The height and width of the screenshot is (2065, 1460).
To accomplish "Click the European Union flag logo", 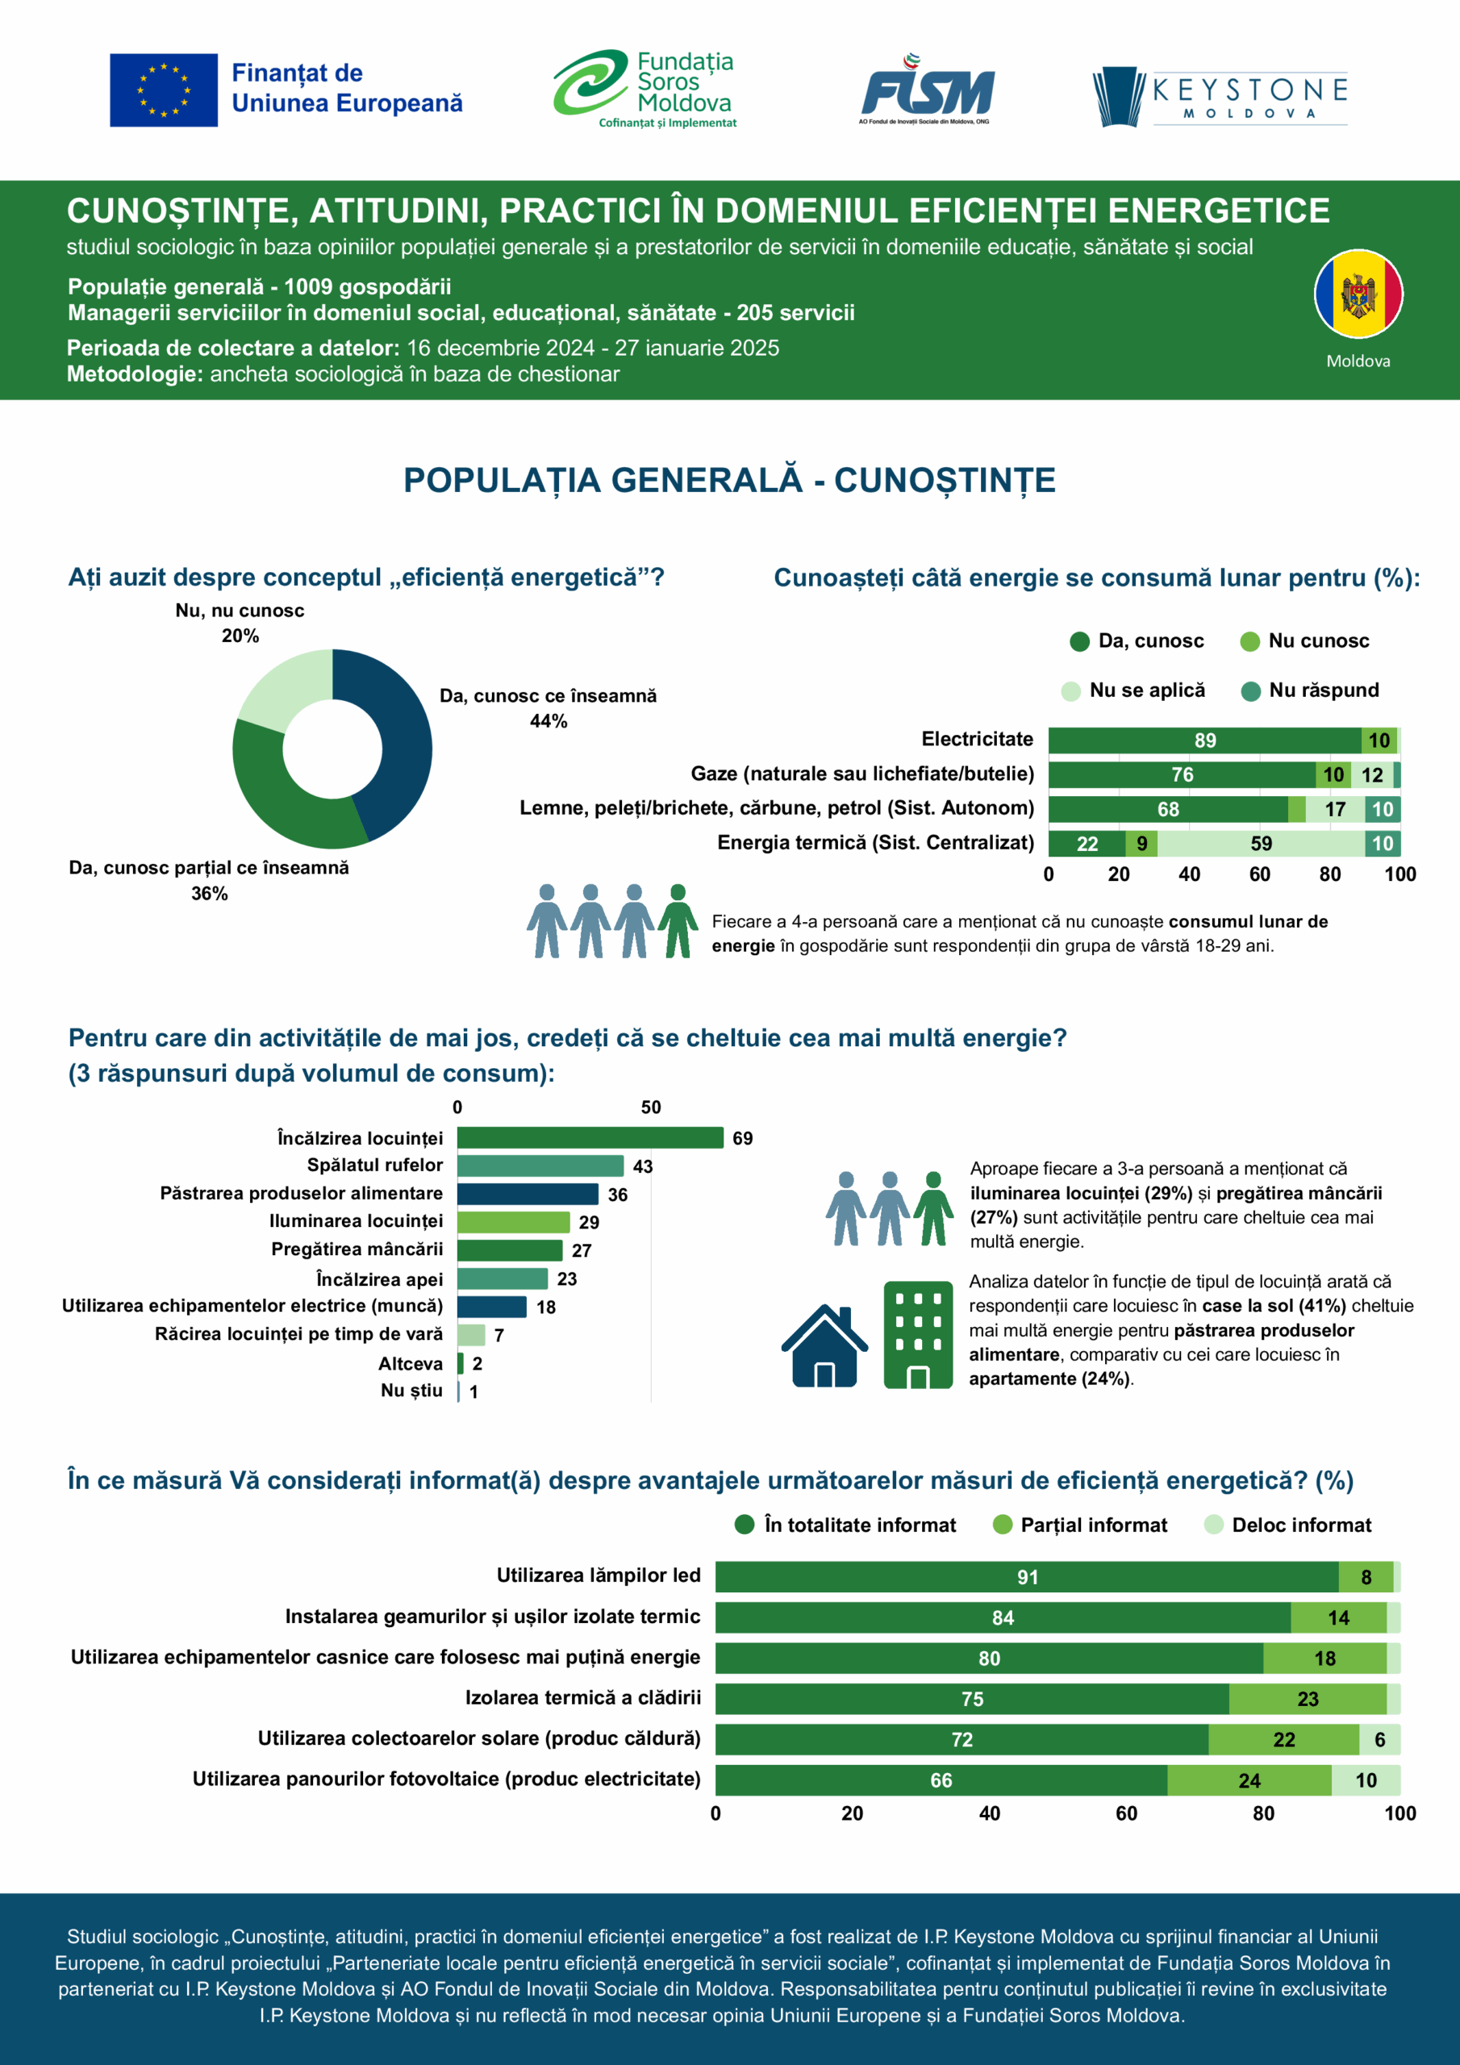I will (x=164, y=90).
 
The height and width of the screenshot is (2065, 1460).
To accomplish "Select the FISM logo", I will (x=927, y=90).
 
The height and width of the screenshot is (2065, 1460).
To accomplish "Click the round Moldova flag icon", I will (x=1358, y=294).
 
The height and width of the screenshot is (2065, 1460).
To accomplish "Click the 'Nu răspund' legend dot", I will (x=1250, y=691).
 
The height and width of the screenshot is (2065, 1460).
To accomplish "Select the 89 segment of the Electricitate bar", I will (x=1203, y=740).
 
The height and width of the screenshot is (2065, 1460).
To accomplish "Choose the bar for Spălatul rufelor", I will (x=540, y=1166).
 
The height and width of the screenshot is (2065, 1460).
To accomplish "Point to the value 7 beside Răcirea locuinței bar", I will (x=499, y=1336).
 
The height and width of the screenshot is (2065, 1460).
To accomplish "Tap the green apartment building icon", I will (x=918, y=1335).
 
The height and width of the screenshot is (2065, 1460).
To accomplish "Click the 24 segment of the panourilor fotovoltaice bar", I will (x=1249, y=1780).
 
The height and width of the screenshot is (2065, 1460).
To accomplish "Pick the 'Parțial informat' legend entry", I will (x=1079, y=1525).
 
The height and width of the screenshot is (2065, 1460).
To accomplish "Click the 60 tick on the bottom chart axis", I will (x=1126, y=1813).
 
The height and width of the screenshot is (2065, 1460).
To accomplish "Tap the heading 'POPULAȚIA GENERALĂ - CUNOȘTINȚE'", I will (x=729, y=480).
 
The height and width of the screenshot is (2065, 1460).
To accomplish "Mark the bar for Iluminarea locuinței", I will (x=513, y=1222).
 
